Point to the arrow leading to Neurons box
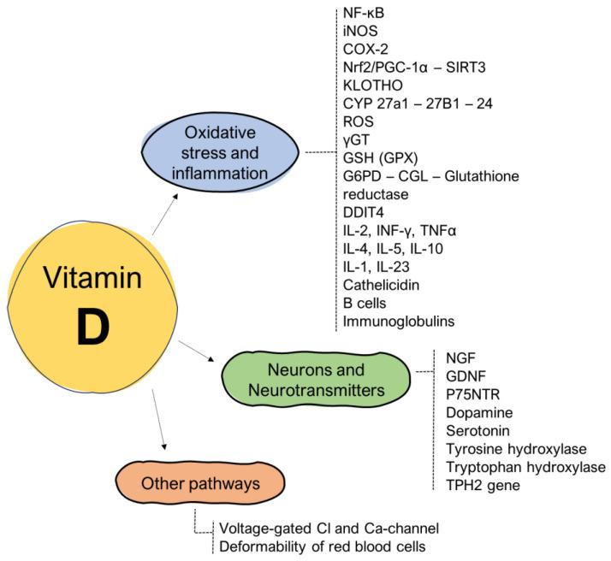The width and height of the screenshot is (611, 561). point(199,351)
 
